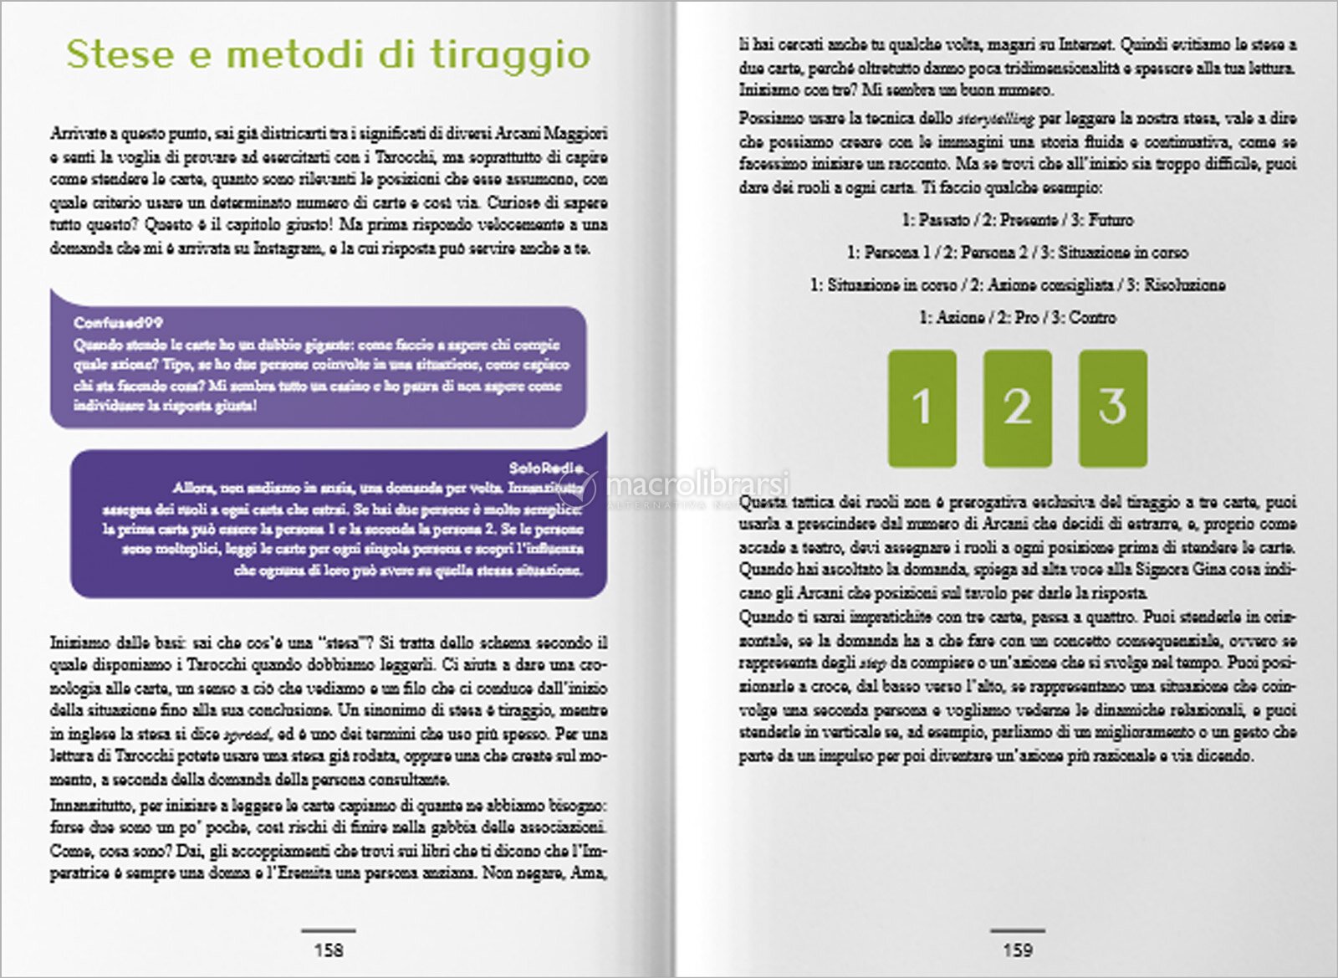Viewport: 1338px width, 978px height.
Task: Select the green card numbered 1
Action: (x=922, y=407)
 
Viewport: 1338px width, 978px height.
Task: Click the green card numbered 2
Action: (x=1017, y=407)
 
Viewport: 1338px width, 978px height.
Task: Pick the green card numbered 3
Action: (x=1112, y=407)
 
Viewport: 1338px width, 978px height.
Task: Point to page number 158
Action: (x=329, y=950)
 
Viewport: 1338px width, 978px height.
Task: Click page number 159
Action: (x=1018, y=950)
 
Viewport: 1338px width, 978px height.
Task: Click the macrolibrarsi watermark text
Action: (x=698, y=484)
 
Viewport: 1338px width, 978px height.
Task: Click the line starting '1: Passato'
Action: (x=1017, y=220)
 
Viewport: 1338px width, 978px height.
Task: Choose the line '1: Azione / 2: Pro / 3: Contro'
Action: (x=1017, y=318)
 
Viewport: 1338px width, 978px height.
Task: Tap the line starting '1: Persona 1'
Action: (x=1017, y=253)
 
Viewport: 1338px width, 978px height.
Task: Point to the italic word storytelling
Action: (x=995, y=119)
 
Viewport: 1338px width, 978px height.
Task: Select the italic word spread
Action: (x=248, y=735)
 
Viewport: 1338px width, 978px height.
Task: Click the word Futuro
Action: (x=1111, y=220)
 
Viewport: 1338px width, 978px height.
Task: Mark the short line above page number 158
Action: (x=329, y=930)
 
